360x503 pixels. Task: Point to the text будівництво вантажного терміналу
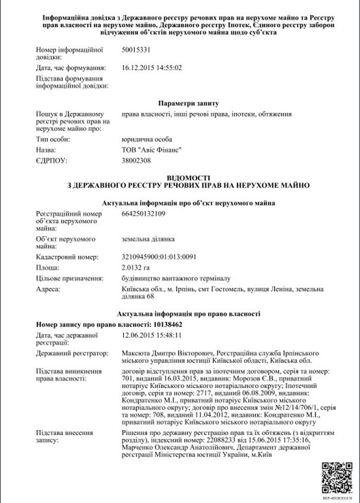pos(171,278)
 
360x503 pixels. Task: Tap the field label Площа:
pos(48,267)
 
